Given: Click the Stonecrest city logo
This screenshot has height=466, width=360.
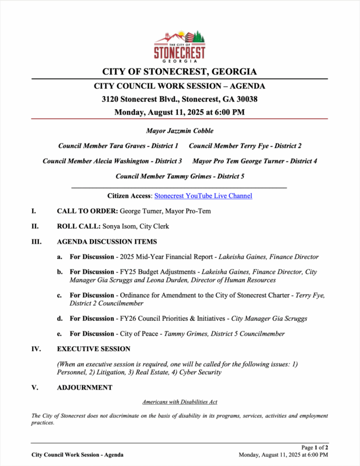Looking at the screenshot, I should click(x=179, y=46).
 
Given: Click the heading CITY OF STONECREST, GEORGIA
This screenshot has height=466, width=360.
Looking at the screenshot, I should click(x=179, y=72).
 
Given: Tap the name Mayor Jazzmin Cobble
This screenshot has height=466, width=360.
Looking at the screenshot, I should click(x=179, y=131).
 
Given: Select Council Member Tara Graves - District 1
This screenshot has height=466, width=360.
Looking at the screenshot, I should click(x=118, y=146).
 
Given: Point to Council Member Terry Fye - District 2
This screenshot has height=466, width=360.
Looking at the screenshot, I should click(x=245, y=146).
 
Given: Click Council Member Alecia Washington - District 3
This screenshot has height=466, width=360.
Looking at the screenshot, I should click(x=112, y=161).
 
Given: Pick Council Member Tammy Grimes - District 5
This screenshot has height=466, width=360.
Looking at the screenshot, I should click(x=179, y=176).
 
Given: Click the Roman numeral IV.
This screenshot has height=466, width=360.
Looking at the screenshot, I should click(x=36, y=349).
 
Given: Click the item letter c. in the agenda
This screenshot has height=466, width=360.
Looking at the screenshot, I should click(x=59, y=295).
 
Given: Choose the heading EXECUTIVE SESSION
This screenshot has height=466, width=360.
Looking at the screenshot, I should click(x=93, y=349).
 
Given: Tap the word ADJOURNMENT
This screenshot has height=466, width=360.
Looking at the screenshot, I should click(x=84, y=388).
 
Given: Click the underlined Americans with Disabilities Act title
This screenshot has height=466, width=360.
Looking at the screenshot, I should click(x=179, y=402).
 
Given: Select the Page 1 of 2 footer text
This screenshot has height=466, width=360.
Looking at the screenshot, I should click(x=315, y=448).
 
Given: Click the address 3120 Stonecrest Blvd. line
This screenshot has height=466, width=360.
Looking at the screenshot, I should click(x=179, y=99).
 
